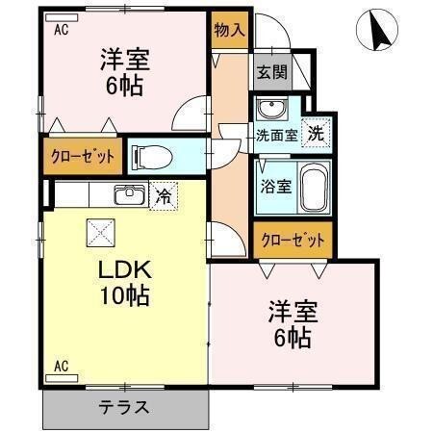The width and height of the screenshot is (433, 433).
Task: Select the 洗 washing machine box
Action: pyautogui.click(x=315, y=135)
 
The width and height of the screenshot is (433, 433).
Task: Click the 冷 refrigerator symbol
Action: pyautogui.click(x=165, y=196)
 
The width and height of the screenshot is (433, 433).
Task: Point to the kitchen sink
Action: pyautogui.click(x=128, y=195)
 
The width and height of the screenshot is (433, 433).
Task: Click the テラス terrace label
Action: pyautogui.click(x=124, y=406)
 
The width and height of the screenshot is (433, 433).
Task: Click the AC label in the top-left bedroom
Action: pyautogui.click(x=62, y=29)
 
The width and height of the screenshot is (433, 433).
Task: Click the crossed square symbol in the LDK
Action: pyautogui.click(x=101, y=232)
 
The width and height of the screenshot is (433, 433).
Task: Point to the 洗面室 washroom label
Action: pyautogui.click(x=276, y=136)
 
